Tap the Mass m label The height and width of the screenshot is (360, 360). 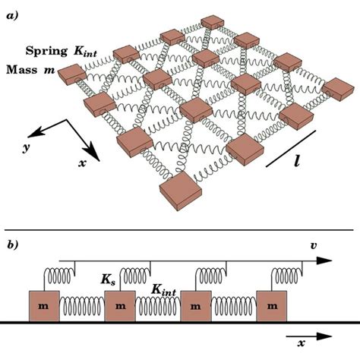(30, 71)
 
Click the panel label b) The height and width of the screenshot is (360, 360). (15, 244)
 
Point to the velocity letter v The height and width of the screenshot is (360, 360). (314, 245)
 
